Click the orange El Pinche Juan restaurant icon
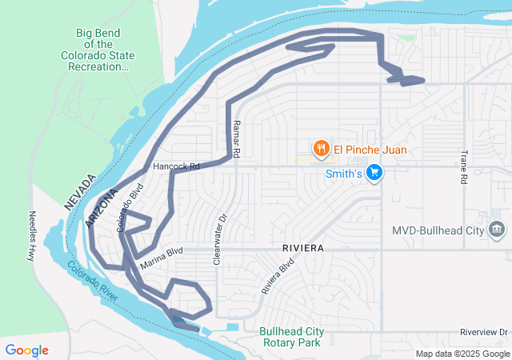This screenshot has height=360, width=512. (x=321, y=149)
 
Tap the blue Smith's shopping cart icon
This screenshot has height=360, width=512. (x=374, y=173)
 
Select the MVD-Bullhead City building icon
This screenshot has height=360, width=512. (x=498, y=230)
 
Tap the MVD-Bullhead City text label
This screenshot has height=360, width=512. (x=438, y=230)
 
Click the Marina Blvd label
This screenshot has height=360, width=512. (x=162, y=257)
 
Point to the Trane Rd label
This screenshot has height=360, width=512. (x=463, y=167)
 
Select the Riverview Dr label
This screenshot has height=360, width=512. (x=485, y=331)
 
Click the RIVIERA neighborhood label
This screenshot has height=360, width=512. (x=302, y=249)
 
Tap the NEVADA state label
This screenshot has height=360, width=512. (x=80, y=193)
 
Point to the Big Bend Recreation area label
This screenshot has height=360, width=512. (x=98, y=50)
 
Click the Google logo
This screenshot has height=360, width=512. (x=27, y=350)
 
